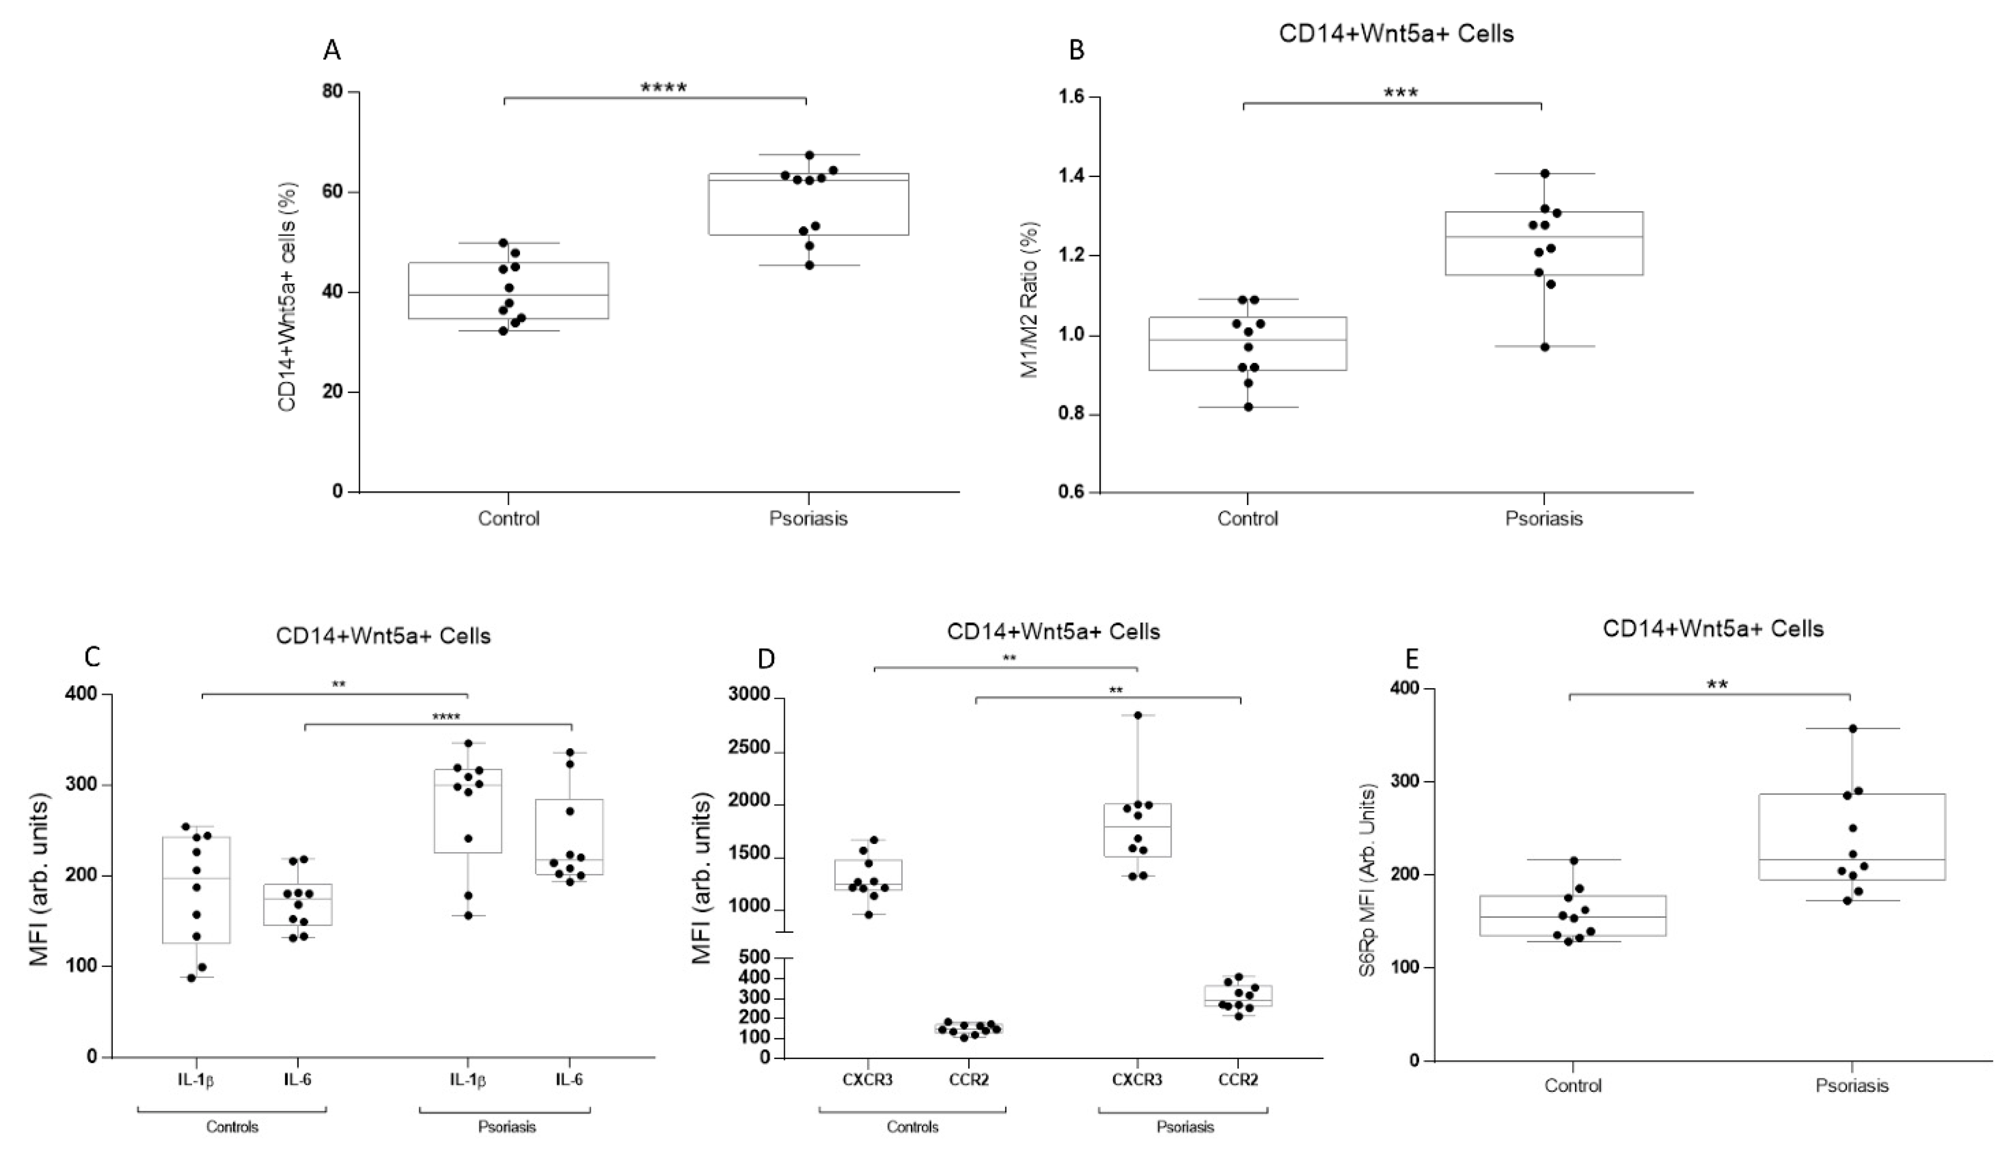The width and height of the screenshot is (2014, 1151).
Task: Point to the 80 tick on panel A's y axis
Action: tap(333, 92)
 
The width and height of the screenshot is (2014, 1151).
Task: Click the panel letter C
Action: tap(92, 657)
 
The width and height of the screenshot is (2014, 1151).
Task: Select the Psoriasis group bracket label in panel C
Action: tap(507, 1126)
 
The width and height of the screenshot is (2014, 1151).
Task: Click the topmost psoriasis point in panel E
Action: tap(1852, 729)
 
